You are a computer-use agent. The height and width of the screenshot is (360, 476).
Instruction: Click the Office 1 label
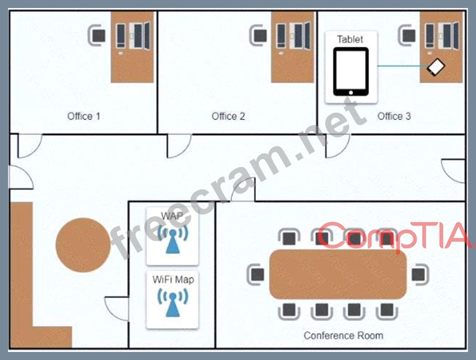84,116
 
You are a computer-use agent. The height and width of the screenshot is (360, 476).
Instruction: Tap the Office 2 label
228,116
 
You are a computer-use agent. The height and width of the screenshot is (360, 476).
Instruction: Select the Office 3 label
394,116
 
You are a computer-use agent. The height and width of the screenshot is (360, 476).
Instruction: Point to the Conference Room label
343,335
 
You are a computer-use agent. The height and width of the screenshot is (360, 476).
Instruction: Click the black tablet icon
351,72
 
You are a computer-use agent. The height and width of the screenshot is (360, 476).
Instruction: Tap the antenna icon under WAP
173,240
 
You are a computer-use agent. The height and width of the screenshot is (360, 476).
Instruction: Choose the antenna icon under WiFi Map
173,303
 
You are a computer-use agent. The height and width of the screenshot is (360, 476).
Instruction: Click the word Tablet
350,39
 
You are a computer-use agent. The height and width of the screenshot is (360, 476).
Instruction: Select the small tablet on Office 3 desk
436,67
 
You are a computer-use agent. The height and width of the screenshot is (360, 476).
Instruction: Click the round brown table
83,245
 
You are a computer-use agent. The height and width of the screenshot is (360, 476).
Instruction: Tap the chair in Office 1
97,35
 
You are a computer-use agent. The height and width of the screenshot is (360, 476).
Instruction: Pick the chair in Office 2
259,35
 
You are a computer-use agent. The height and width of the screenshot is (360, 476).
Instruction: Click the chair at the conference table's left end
255,275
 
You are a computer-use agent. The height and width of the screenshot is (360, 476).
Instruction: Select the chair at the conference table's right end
420,275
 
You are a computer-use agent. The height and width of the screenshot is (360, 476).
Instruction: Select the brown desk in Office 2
293,47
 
